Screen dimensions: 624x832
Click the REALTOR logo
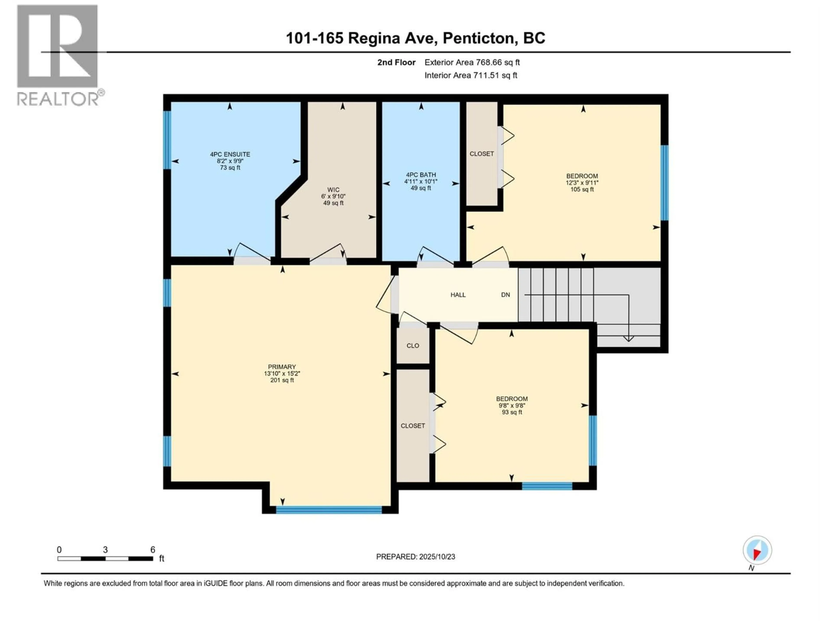click(58, 55)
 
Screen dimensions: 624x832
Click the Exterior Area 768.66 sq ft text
click(472, 62)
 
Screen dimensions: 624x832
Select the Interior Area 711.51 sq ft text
click(471, 75)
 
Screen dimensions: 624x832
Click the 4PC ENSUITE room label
click(230, 154)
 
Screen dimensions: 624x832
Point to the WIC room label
click(333, 190)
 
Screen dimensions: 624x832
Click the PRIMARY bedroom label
click(282, 367)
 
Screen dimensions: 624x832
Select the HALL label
click(458, 295)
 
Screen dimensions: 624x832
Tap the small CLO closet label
click(413, 346)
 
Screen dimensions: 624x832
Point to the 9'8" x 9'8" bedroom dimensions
click(512, 405)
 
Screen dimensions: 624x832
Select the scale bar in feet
click(105, 559)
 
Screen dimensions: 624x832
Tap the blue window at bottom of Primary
click(329, 510)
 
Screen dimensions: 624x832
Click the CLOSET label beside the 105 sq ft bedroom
click(481, 154)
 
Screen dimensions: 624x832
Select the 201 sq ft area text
click(282, 380)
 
